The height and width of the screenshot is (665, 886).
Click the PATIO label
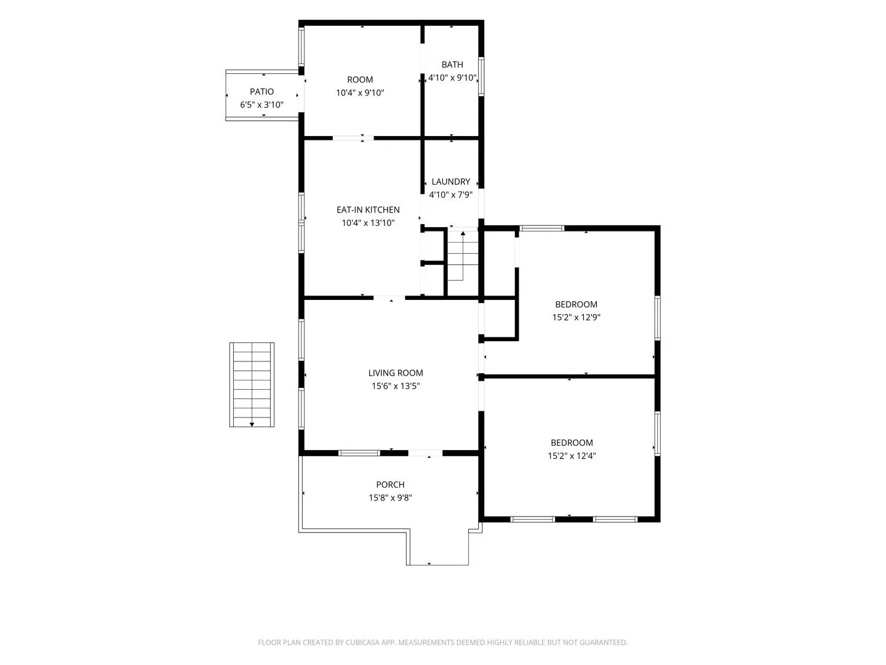tap(261, 92)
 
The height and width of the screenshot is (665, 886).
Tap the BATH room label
tap(452, 65)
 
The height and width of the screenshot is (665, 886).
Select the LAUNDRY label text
tap(451, 182)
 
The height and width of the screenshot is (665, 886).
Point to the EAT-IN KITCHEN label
tap(368, 210)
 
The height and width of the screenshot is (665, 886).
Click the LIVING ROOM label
tap(396, 373)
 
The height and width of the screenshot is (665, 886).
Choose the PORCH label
tap(390, 485)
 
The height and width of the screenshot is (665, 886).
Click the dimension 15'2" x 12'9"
tap(577, 317)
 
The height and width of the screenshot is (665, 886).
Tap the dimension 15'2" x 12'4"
tap(572, 456)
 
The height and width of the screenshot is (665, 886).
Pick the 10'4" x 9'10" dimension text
tap(360, 93)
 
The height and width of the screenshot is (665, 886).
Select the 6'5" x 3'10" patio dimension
tap(261, 105)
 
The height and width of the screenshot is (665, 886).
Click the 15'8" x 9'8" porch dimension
tap(390, 498)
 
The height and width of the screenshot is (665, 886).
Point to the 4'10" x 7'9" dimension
tap(451, 195)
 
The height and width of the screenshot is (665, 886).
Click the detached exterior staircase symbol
tap(252, 385)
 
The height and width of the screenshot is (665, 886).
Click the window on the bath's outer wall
tap(481, 77)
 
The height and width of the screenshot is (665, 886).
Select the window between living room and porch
tap(359, 453)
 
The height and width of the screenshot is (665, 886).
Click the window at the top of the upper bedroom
tap(541, 228)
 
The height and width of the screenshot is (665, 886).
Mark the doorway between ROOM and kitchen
tap(353, 138)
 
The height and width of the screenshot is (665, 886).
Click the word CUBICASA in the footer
tap(362, 642)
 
